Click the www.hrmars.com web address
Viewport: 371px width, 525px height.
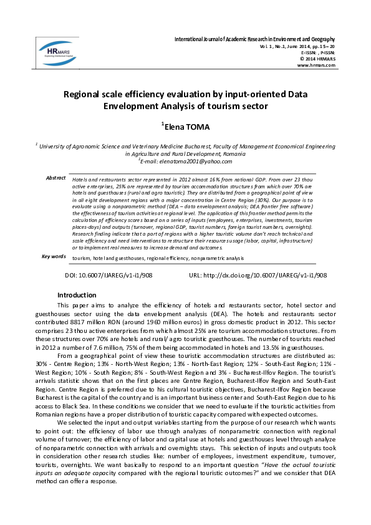[317, 65]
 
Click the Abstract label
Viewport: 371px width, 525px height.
[55, 178]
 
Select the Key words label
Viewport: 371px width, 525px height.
[54, 256]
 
